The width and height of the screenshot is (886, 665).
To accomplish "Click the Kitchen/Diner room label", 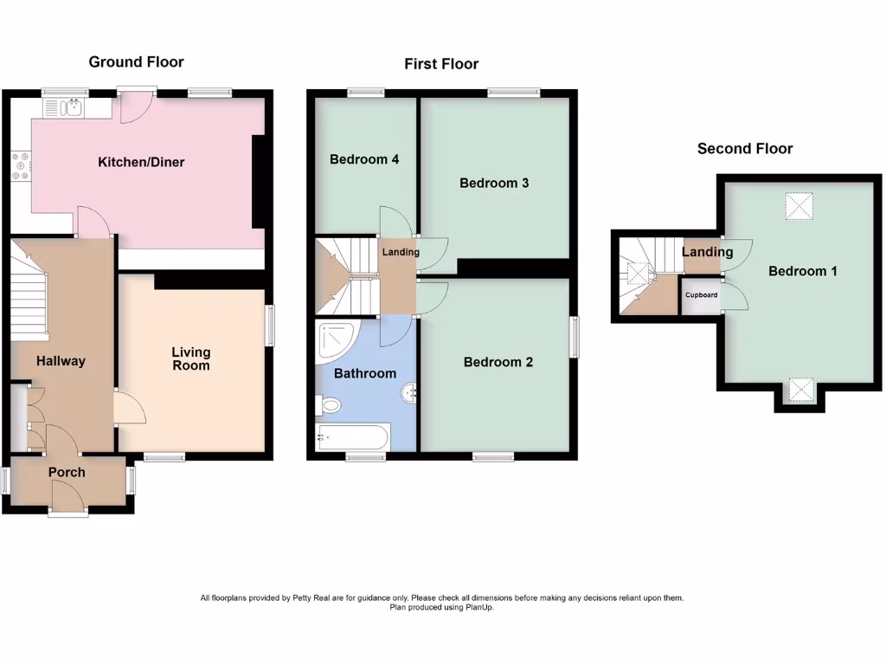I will (141, 162).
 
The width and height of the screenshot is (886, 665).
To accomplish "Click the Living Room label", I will (190, 358).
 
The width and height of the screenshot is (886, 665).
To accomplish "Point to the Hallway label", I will (61, 361).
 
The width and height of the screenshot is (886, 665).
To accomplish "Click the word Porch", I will (67, 472).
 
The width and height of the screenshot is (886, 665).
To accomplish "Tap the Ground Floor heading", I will (136, 61).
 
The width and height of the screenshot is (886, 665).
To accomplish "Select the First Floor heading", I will (441, 63).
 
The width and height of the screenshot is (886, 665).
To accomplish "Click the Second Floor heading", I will (745, 148).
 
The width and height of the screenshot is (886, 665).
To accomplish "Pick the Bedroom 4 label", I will (364, 159).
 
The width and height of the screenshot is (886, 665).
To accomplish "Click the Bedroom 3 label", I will (494, 183).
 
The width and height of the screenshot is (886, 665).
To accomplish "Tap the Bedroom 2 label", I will (498, 362).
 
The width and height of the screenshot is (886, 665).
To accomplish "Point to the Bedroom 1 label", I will (803, 271).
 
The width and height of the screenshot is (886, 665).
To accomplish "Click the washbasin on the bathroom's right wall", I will (409, 393).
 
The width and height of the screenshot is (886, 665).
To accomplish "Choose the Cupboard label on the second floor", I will (702, 295).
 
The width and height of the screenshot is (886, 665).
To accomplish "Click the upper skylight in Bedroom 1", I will (800, 206).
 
